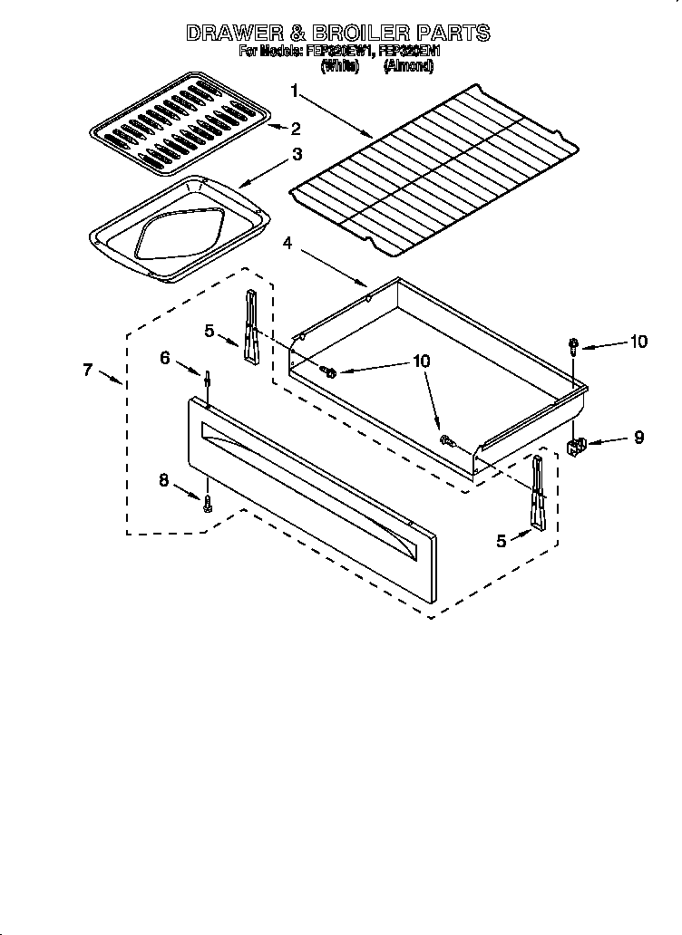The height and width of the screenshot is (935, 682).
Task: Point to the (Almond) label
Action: [x=408, y=66]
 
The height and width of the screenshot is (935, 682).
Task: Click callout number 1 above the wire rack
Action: [x=295, y=90]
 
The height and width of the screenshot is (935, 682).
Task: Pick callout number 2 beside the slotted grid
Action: [x=295, y=129]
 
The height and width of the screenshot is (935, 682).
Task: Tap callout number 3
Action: [x=297, y=154]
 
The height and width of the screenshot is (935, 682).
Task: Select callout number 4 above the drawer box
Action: [x=287, y=243]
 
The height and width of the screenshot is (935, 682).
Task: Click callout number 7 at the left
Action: [x=87, y=369]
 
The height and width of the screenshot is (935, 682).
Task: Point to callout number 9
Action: [x=638, y=438]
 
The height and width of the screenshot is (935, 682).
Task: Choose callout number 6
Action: [x=165, y=358]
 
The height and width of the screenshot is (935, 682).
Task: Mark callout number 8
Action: [x=164, y=480]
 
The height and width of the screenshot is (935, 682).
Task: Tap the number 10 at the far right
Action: [x=638, y=342]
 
